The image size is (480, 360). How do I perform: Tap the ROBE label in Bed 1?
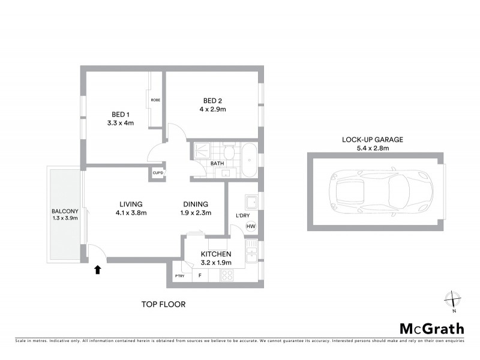155,100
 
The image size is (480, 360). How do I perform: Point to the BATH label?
217,163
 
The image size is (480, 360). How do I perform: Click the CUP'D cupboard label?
158,173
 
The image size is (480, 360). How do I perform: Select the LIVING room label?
131,203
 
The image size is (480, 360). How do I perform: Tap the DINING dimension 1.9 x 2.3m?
196,212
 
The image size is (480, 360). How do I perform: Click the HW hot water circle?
250,226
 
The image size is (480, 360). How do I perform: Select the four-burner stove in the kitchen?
229,276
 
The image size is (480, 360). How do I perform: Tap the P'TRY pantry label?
179,276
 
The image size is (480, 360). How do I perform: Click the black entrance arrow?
97,270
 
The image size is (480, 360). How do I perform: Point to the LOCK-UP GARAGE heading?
373,139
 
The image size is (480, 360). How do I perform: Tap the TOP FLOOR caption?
163,304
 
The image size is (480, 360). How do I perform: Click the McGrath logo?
431,328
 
